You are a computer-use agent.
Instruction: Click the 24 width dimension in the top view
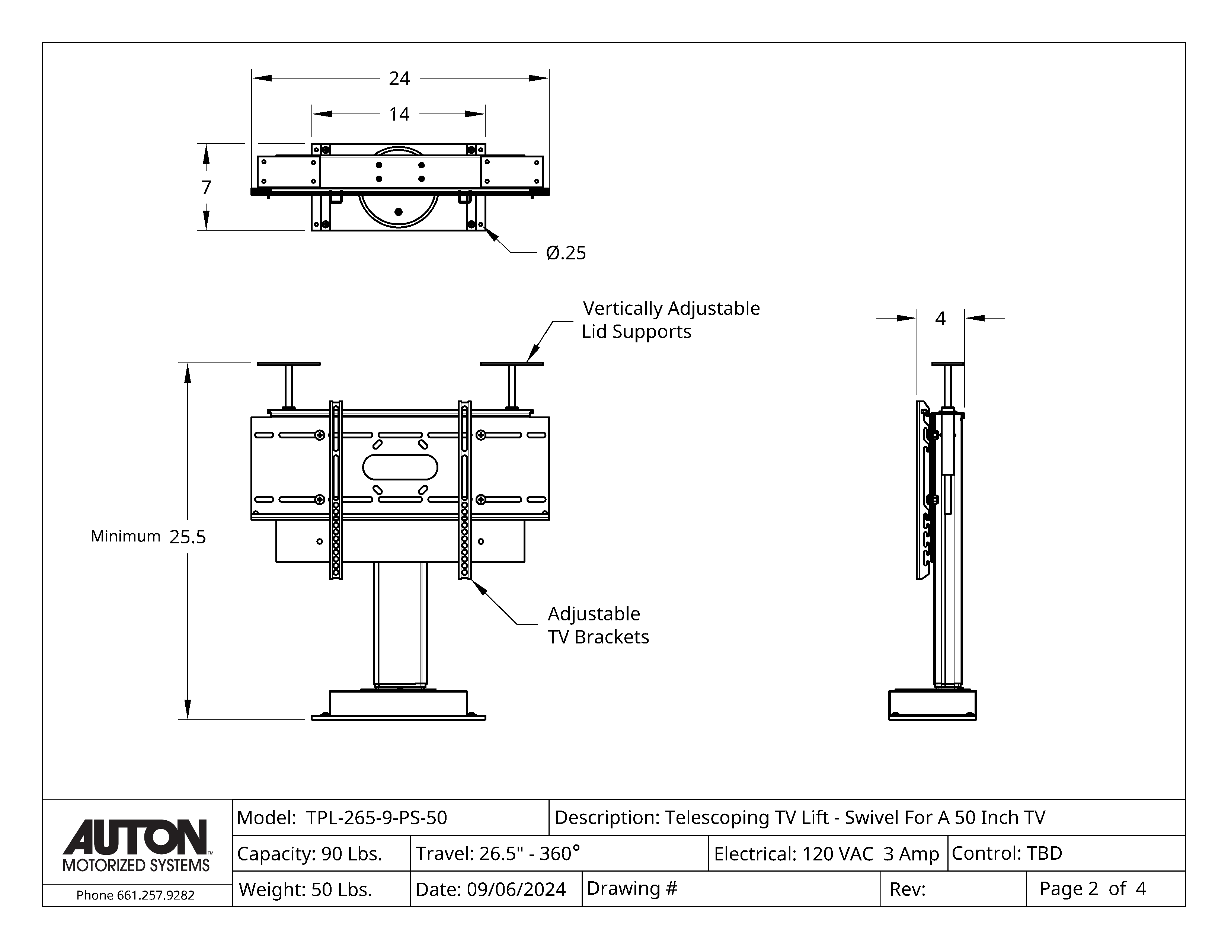(x=399, y=78)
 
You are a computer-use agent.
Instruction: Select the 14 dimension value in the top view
(x=399, y=114)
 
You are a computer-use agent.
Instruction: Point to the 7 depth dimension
(x=207, y=187)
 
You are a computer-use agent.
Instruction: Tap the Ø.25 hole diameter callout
(x=566, y=253)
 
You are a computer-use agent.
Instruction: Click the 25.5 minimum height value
(x=188, y=537)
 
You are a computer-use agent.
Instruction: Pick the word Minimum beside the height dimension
(x=125, y=536)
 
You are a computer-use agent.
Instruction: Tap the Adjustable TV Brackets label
(x=598, y=625)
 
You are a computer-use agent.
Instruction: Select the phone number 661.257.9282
(x=135, y=895)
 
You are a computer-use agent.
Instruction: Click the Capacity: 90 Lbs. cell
(x=310, y=853)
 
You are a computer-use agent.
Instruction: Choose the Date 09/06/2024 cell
(x=490, y=889)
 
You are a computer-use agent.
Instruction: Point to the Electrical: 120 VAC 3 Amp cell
(x=826, y=853)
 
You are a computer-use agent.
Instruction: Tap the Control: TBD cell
(x=1007, y=853)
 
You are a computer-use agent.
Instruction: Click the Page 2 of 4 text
(x=1092, y=888)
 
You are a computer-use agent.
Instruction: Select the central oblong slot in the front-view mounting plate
(x=400, y=467)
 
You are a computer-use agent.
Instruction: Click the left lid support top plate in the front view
(x=288, y=364)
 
